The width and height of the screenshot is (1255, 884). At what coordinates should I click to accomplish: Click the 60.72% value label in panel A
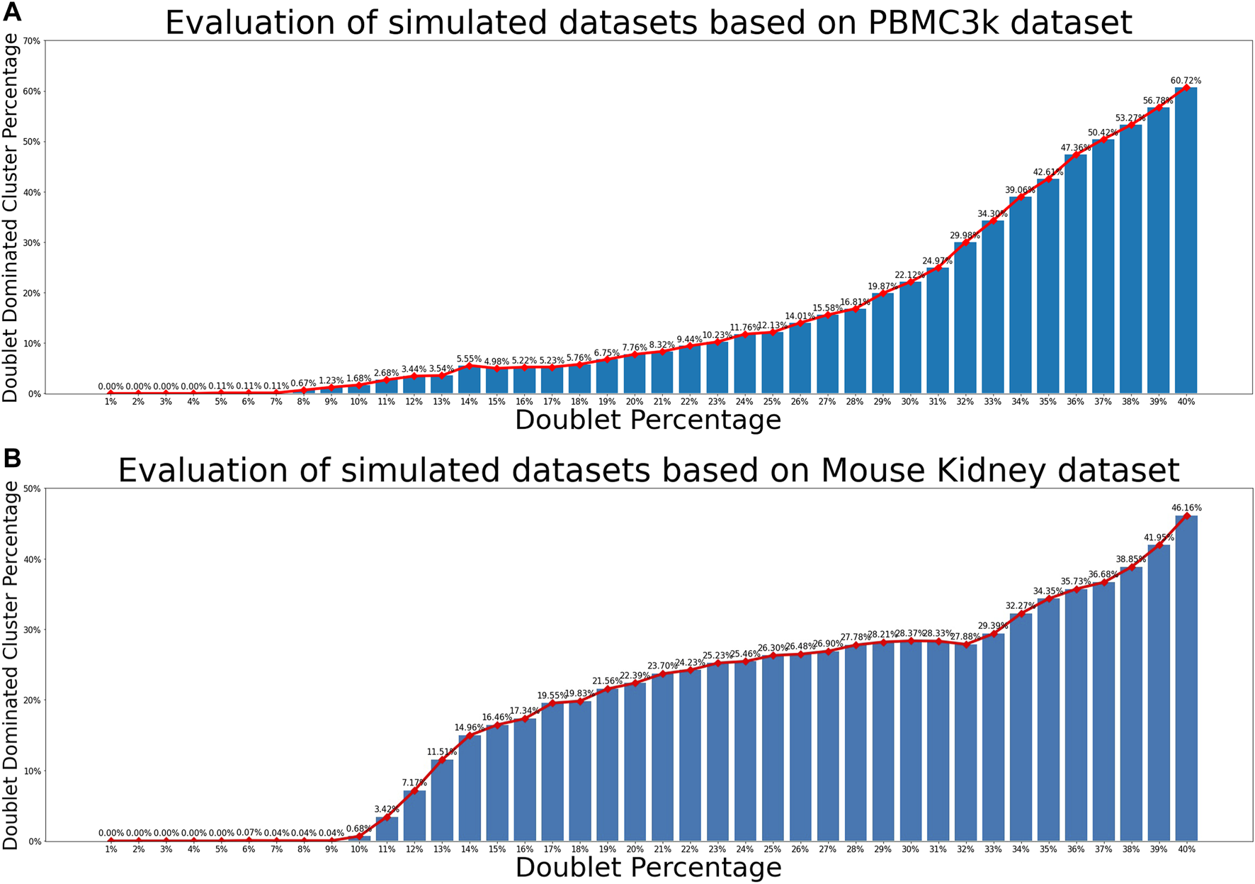pos(1186,81)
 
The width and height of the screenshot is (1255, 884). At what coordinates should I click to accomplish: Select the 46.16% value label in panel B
pos(1186,508)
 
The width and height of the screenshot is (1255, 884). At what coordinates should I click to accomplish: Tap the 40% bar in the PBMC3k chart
pos(1186,241)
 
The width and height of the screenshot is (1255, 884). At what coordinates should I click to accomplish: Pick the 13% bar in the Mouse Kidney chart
pos(441,801)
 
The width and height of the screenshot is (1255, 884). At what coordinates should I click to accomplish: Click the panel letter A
pos(12,12)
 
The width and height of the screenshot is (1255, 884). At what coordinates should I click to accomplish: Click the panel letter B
pos(11,459)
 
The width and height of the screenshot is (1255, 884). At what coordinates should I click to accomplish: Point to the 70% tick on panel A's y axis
pos(32,41)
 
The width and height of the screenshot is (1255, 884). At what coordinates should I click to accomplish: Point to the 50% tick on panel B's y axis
pos(32,488)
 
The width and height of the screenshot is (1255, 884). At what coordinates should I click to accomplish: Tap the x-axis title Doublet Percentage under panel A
pos(647,420)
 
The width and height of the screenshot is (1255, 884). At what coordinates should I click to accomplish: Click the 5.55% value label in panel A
pos(469,359)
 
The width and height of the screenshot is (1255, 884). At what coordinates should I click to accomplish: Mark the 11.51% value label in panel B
pos(441,751)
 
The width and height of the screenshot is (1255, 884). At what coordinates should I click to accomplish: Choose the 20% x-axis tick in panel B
pos(635,849)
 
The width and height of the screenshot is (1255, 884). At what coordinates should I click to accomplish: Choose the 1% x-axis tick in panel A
pos(110,402)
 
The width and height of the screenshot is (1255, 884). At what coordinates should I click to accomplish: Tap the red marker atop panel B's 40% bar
pos(1186,516)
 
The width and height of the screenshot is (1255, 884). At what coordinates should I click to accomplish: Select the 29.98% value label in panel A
pos(965,235)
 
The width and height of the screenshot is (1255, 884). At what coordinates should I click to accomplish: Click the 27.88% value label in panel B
pos(965,637)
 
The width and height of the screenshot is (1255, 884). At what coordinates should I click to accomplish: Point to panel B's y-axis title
pos(11,665)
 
